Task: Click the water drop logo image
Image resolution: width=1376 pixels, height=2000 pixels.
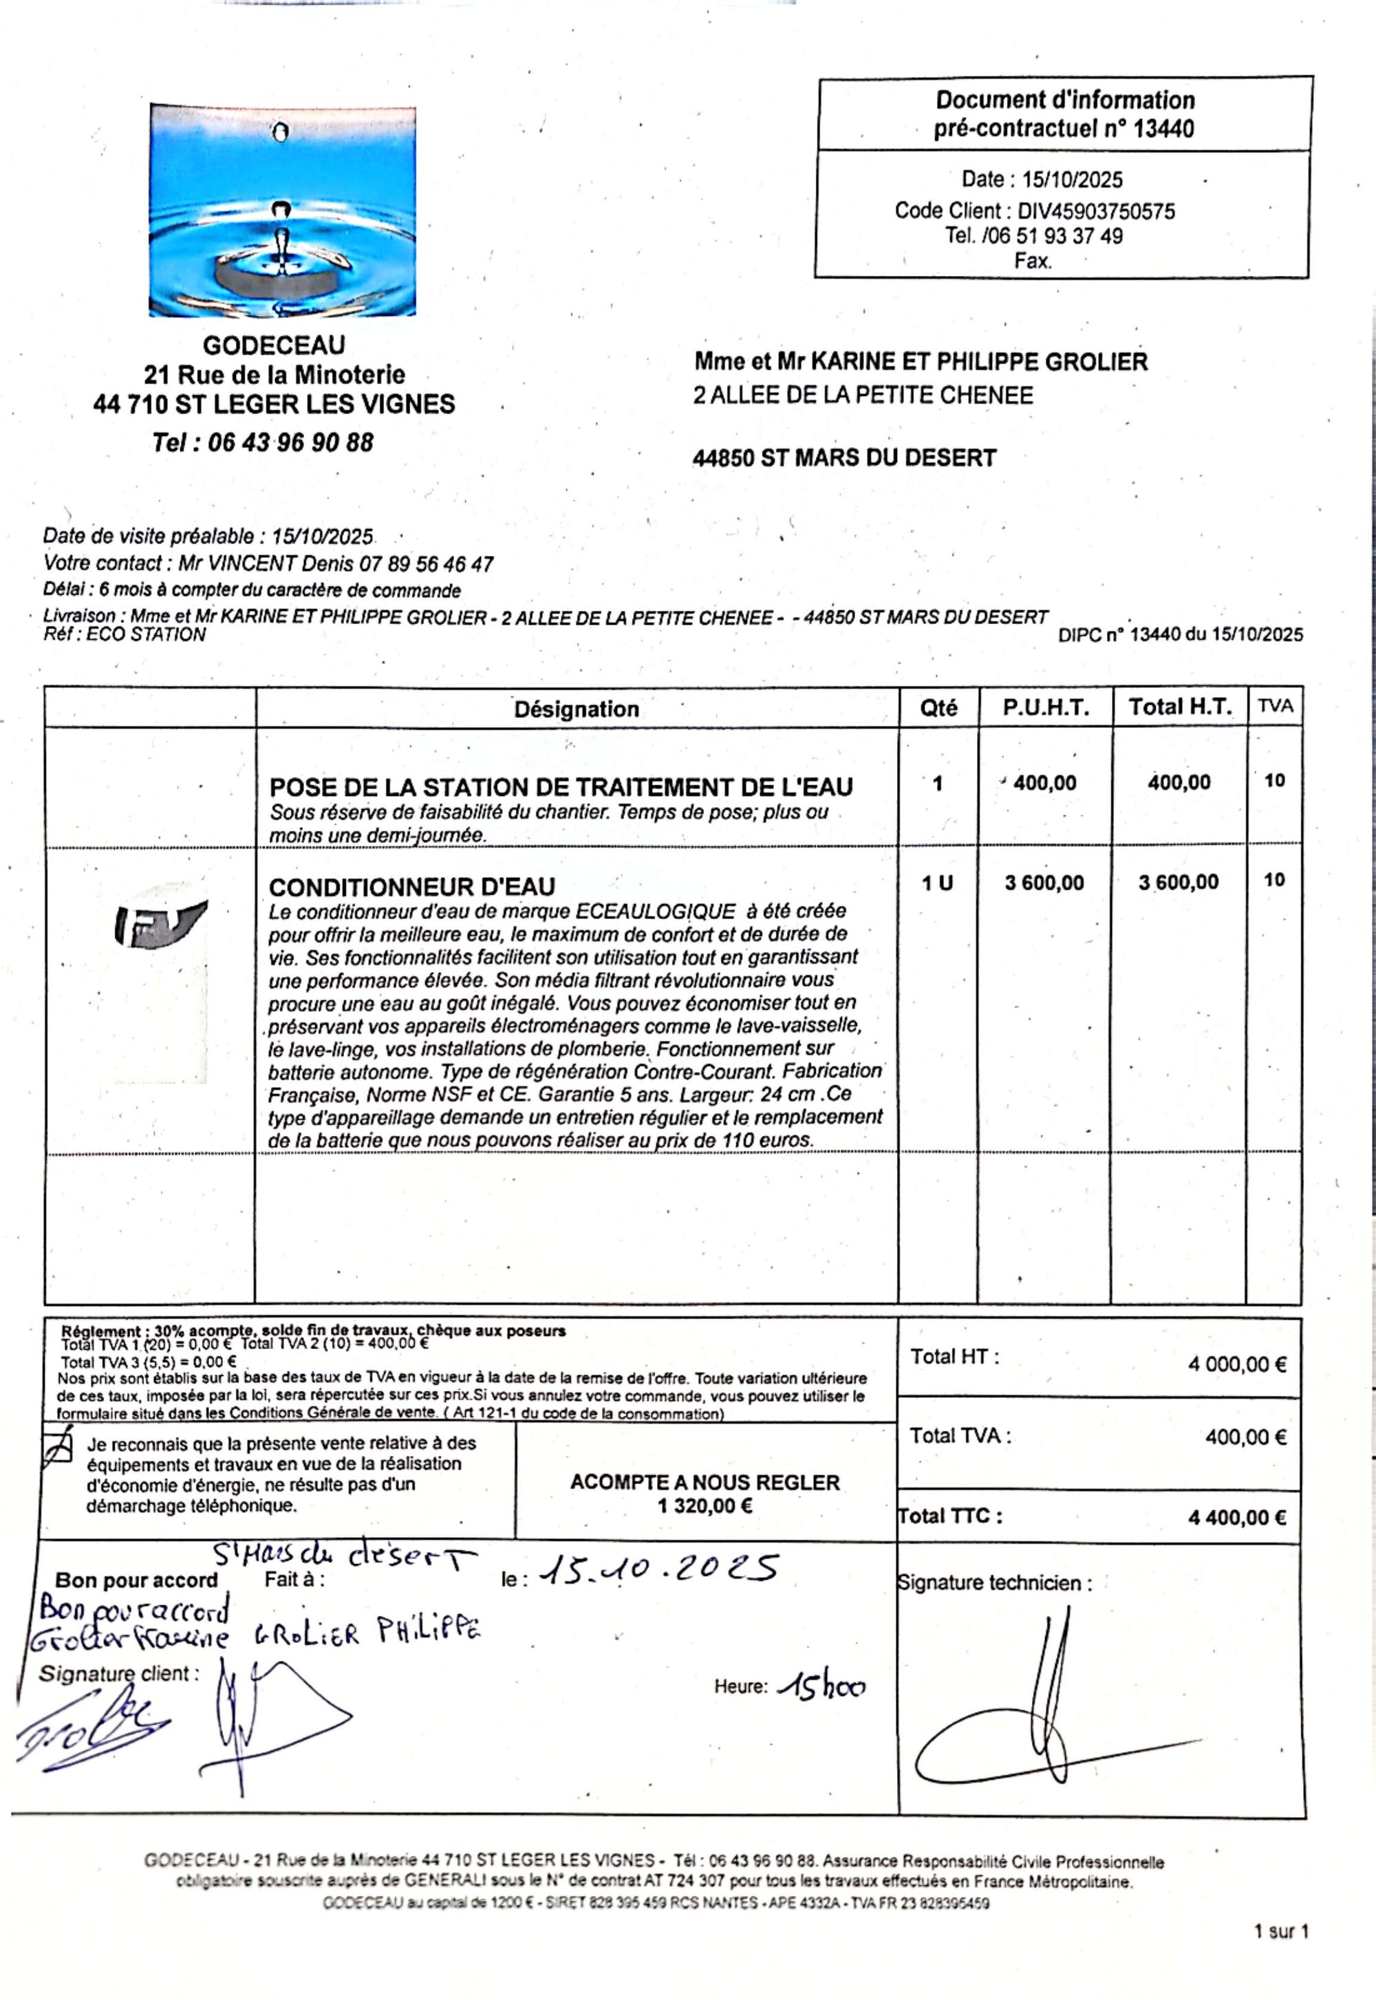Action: (x=283, y=211)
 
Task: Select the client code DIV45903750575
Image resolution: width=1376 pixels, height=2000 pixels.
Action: (x=1096, y=211)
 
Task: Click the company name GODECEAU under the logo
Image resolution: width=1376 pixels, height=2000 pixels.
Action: (x=273, y=345)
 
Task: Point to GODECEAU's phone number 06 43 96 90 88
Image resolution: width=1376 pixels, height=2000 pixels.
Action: (x=290, y=443)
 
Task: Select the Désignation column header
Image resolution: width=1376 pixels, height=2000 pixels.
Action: (x=576, y=709)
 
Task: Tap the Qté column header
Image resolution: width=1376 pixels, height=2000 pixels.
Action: (x=938, y=708)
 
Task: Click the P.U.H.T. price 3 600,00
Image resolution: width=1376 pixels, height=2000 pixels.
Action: (x=1044, y=882)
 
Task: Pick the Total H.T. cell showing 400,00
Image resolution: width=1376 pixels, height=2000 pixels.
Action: (x=1179, y=783)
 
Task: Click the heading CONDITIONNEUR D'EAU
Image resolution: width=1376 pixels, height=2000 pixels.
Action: (x=412, y=886)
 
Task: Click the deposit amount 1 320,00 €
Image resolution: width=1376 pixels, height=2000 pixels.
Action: (x=705, y=1506)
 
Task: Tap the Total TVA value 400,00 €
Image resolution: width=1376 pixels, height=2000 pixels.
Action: (x=1245, y=1437)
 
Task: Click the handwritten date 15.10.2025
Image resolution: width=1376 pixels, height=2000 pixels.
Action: (x=660, y=1569)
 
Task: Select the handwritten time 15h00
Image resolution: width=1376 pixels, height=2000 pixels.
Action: (x=821, y=1687)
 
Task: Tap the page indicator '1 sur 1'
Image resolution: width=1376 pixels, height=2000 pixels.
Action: (x=1281, y=1932)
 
